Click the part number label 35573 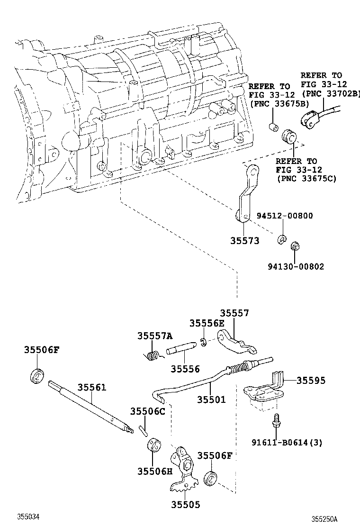click(x=245, y=241)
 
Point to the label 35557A click(x=155, y=336)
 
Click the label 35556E click(x=207, y=323)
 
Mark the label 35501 click(x=211, y=400)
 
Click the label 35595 click(x=311, y=380)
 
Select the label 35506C click(x=148, y=411)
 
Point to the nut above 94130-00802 click(x=295, y=246)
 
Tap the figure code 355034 click(x=28, y=516)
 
